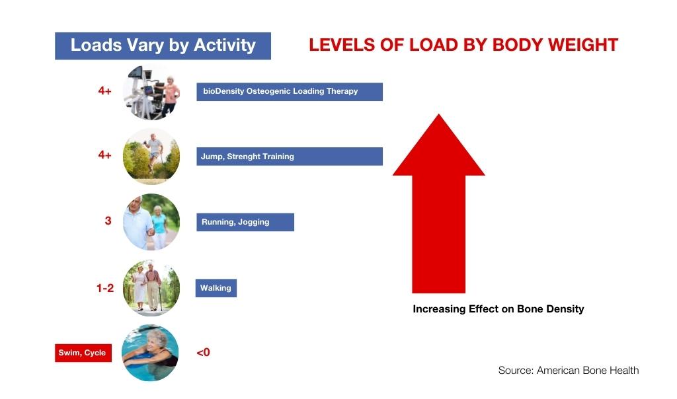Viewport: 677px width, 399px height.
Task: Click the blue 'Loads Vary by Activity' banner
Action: [x=163, y=46]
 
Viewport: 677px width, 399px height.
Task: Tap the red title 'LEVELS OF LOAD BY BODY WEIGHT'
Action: [x=463, y=45]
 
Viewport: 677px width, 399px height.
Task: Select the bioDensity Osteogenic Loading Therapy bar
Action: [x=290, y=91]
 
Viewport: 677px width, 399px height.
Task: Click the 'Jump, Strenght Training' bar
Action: [x=290, y=157]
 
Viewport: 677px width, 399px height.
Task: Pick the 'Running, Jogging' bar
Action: [x=245, y=222]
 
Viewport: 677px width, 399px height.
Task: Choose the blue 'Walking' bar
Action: [x=216, y=288]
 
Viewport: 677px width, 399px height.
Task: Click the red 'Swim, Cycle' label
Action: [x=83, y=353]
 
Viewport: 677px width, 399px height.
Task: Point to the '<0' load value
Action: [x=204, y=352]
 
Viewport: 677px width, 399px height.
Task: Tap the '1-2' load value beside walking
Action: [x=105, y=288]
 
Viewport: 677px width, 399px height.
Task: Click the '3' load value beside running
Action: [x=108, y=221]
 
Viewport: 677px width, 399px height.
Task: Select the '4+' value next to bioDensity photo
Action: [x=104, y=91]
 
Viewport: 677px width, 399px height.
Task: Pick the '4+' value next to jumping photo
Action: [x=104, y=155]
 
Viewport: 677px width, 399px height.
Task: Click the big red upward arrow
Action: [x=439, y=203]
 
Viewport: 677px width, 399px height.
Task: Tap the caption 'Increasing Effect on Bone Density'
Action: [x=498, y=309]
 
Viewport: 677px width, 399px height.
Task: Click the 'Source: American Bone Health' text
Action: [x=569, y=370]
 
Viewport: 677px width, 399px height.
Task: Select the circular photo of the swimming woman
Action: [x=150, y=353]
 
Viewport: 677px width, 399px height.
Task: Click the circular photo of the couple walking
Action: [x=151, y=288]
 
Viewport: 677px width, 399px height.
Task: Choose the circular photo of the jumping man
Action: [x=151, y=156]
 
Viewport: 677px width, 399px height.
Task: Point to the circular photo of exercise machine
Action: [x=151, y=92]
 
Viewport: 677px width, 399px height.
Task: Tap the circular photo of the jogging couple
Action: [x=151, y=222]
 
